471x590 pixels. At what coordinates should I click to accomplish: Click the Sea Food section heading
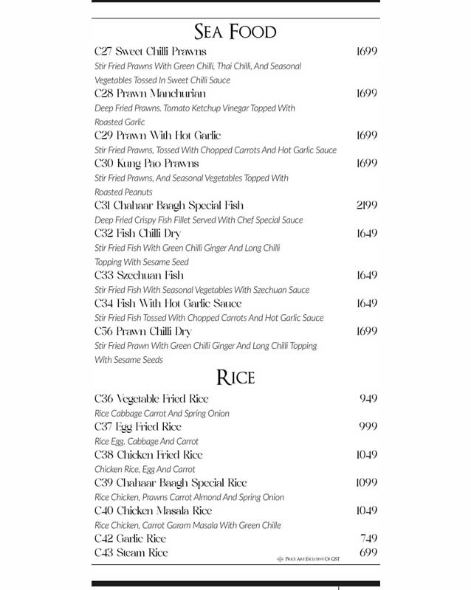pyautogui.click(x=235, y=32)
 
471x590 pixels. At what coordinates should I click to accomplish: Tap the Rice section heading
pyautogui.click(x=235, y=378)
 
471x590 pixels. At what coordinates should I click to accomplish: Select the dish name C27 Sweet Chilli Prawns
pyautogui.click(x=151, y=52)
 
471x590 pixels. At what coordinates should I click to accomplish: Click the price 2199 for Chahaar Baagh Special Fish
pyautogui.click(x=366, y=206)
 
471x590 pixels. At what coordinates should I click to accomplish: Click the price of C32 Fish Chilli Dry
pyautogui.click(x=366, y=234)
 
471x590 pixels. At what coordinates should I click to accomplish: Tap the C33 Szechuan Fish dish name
pyautogui.click(x=139, y=276)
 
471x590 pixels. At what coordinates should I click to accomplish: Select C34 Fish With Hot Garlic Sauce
pyautogui.click(x=168, y=304)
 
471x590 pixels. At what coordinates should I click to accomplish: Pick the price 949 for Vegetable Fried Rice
pyautogui.click(x=368, y=399)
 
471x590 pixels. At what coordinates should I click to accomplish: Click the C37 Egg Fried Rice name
pyautogui.click(x=137, y=427)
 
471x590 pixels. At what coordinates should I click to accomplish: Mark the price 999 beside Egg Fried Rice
pyautogui.click(x=368, y=427)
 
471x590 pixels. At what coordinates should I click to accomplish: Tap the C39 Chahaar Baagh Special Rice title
pyautogui.click(x=171, y=483)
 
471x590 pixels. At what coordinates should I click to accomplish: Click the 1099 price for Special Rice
pyautogui.click(x=366, y=483)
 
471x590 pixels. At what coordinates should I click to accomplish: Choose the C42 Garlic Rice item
pyautogui.click(x=130, y=539)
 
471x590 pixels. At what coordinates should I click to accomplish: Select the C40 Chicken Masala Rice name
pyautogui.click(x=153, y=511)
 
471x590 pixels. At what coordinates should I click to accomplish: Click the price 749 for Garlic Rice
pyautogui.click(x=368, y=539)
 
